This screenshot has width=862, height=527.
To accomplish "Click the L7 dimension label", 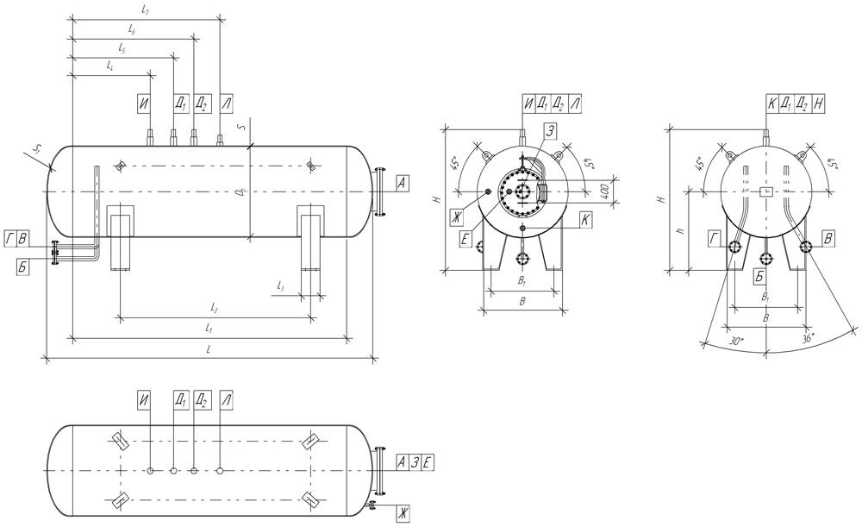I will [x=146, y=9].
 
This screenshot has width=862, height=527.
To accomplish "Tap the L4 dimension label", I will [x=109, y=66].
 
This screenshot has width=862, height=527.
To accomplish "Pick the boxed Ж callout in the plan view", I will [x=402, y=513].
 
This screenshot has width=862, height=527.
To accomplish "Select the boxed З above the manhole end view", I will [x=549, y=130].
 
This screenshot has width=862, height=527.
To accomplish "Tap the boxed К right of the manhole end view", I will [x=585, y=220].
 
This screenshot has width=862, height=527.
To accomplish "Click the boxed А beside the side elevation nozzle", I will [x=403, y=182].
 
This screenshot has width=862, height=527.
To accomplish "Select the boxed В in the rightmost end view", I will [x=828, y=239].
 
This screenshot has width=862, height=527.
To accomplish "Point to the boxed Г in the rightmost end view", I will [x=715, y=239].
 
